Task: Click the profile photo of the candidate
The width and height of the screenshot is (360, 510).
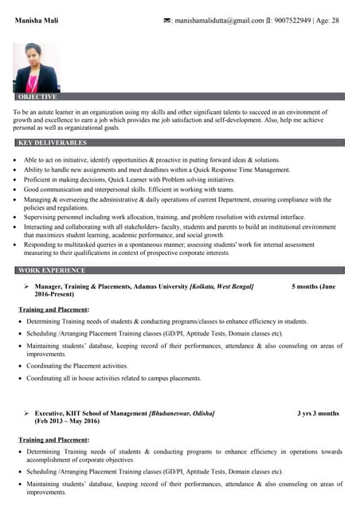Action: pos(36,69)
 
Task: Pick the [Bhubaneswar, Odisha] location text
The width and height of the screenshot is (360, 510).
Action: pos(182,414)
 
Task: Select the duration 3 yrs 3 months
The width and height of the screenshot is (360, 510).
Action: pos(318,414)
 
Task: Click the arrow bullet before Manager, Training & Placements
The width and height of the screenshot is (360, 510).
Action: pos(26,285)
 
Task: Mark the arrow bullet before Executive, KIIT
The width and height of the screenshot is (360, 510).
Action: pos(26,414)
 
